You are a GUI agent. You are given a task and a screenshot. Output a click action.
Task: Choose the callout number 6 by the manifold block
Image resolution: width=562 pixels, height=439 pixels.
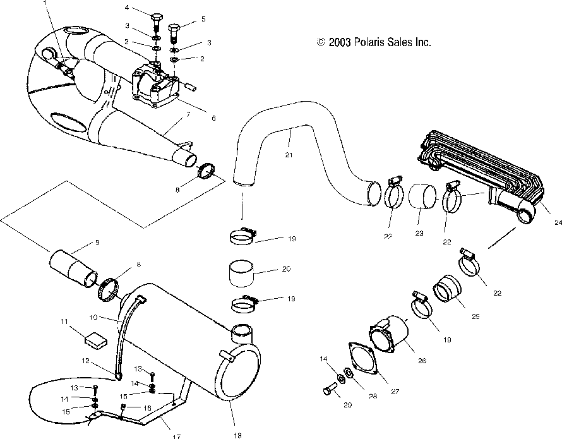click(x=213, y=118)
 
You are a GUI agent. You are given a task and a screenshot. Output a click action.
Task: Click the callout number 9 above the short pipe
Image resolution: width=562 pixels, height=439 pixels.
click(x=97, y=243)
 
